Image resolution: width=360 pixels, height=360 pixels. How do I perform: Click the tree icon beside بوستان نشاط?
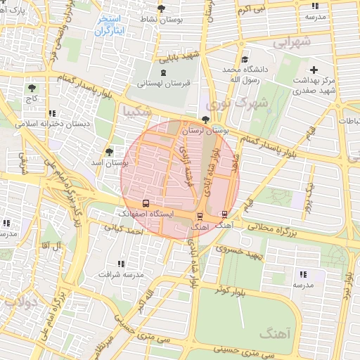(x=161, y=8)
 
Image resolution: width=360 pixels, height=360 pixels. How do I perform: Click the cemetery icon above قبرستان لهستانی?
(x=163, y=72)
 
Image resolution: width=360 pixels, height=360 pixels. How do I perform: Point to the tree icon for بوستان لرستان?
(x=205, y=120)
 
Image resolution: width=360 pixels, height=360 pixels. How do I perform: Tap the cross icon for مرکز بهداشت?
(x=314, y=70)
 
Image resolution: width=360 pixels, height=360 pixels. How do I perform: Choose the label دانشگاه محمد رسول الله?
(x=242, y=75)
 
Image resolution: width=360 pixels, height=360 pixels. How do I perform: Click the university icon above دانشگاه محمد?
(x=244, y=60)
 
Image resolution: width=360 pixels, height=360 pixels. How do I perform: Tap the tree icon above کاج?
(x=32, y=88)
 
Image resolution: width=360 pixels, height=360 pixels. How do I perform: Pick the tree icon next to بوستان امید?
(x=108, y=151)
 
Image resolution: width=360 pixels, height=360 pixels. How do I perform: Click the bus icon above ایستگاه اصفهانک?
(x=146, y=203)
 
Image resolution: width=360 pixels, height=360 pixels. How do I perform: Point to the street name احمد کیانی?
(x=123, y=229)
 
